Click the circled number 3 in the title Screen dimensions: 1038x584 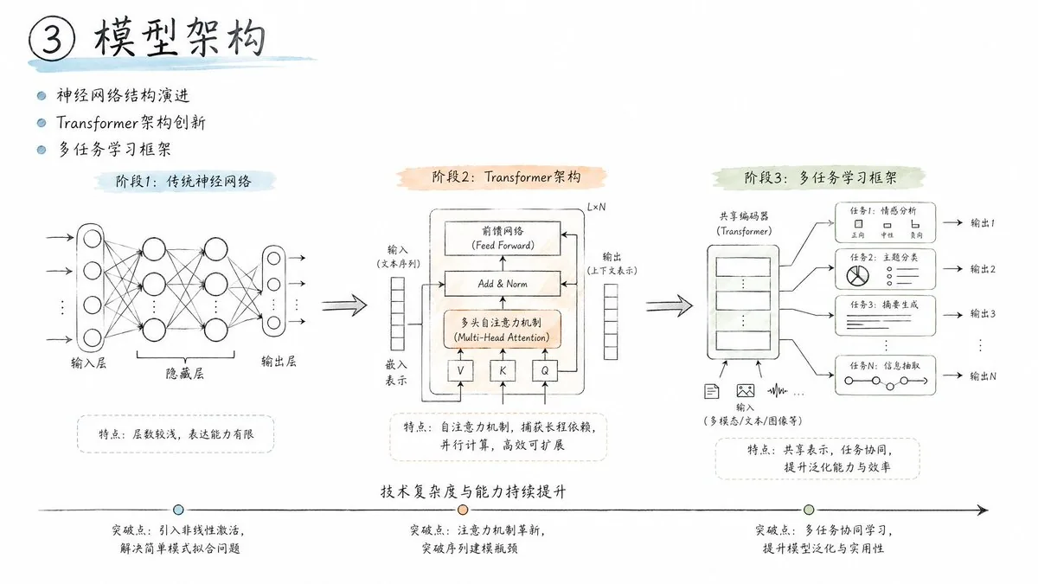click(x=52, y=38)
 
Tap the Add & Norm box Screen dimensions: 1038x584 click(x=503, y=284)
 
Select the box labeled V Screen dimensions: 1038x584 click(x=460, y=370)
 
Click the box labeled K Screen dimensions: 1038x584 click(x=503, y=370)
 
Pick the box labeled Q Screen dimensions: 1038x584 click(x=545, y=370)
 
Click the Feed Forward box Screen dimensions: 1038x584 click(x=503, y=238)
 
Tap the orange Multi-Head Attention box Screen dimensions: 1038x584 click(x=503, y=330)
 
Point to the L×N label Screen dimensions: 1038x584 click(x=596, y=207)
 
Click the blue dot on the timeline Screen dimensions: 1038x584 click(x=178, y=510)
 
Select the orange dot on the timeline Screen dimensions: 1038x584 click(x=463, y=510)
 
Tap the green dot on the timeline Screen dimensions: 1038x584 click(x=809, y=510)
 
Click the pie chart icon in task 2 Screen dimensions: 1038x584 click(x=857, y=276)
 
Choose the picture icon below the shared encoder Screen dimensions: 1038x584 click(x=745, y=391)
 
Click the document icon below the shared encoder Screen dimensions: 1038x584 click(x=711, y=392)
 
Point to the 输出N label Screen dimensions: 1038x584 click(x=983, y=376)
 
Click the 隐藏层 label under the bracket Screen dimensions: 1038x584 click(x=184, y=374)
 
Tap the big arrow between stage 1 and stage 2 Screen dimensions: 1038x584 click(x=344, y=305)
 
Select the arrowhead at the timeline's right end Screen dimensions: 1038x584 click(x=983, y=510)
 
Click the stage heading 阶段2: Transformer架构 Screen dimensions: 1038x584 click(x=506, y=177)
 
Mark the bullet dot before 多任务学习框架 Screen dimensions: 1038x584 click(x=42, y=150)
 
